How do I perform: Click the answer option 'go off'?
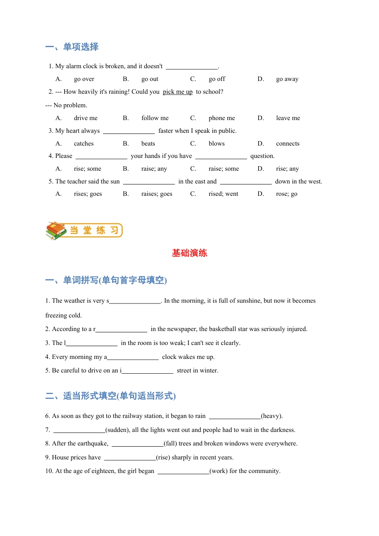click(217, 79)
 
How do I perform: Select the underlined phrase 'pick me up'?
click(178, 92)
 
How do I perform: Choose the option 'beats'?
click(148, 144)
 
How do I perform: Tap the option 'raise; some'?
click(223, 169)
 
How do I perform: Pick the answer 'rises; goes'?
click(88, 194)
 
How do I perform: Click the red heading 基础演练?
click(189, 253)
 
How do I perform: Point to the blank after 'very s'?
click(135, 301)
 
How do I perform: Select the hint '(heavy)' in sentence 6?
click(272, 416)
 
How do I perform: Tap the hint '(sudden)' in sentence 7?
click(117, 430)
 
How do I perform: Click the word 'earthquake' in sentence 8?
click(93, 443)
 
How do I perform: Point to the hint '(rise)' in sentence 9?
click(163, 457)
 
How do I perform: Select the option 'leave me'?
click(288, 118)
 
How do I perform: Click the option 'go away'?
click(287, 79)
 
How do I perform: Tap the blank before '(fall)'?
click(137, 444)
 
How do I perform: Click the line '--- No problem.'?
click(66, 105)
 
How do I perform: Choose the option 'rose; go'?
click(286, 194)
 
